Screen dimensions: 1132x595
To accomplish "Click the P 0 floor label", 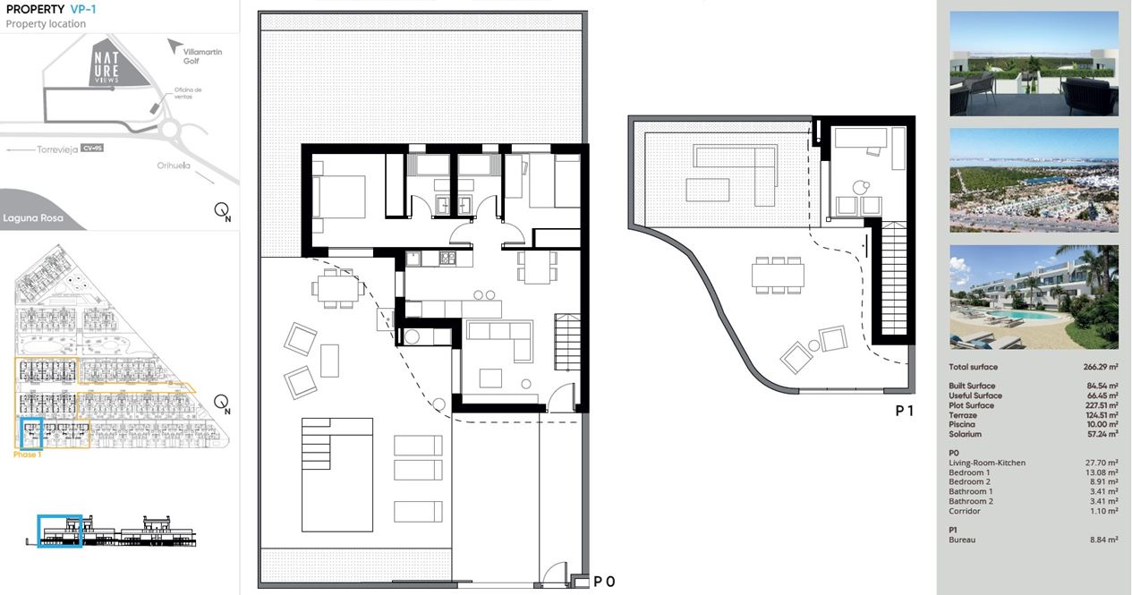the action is click(x=604, y=582).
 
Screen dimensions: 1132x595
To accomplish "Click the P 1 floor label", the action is click(x=904, y=412).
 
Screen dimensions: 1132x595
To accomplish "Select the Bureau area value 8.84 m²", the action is click(x=1103, y=540).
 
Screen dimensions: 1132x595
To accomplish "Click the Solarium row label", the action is click(x=965, y=434).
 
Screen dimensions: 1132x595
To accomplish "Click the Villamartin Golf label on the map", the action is click(x=202, y=56).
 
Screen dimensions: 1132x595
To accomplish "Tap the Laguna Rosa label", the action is click(x=33, y=218).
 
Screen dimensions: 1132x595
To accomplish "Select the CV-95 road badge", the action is click(x=91, y=148).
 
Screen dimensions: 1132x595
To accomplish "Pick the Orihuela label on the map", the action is click(x=174, y=166).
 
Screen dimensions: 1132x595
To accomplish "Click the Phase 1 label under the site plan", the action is click(x=27, y=455).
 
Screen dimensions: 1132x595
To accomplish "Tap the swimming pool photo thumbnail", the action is click(x=1034, y=297).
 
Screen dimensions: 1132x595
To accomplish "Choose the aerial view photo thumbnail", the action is click(x=1034, y=181).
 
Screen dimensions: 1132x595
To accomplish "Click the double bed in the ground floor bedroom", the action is click(x=338, y=197).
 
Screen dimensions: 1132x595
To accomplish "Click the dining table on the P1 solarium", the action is click(x=778, y=276).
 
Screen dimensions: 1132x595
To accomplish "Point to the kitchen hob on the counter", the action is click(x=447, y=259).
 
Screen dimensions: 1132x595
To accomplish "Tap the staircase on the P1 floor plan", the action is click(x=893, y=279).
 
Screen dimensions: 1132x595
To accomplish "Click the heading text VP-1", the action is click(x=83, y=9).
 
